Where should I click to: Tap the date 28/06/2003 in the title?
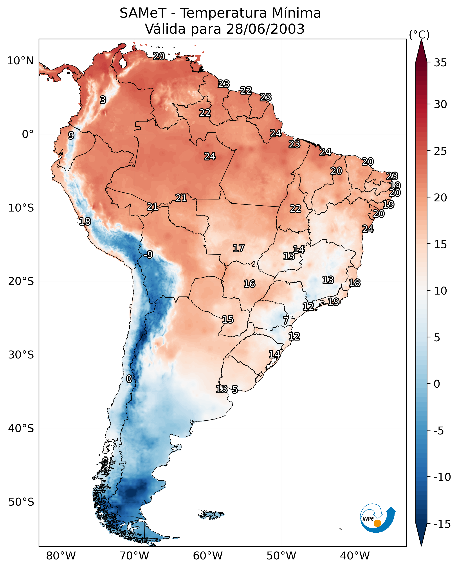(x=265, y=29)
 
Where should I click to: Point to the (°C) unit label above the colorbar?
(x=419, y=34)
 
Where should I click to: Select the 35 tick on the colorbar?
(x=440, y=63)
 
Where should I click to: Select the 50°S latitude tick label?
(x=21, y=502)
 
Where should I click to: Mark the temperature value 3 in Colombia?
(x=103, y=100)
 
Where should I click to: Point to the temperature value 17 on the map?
(x=238, y=248)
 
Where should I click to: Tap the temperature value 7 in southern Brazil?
(x=286, y=320)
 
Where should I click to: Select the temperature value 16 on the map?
(x=249, y=284)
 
